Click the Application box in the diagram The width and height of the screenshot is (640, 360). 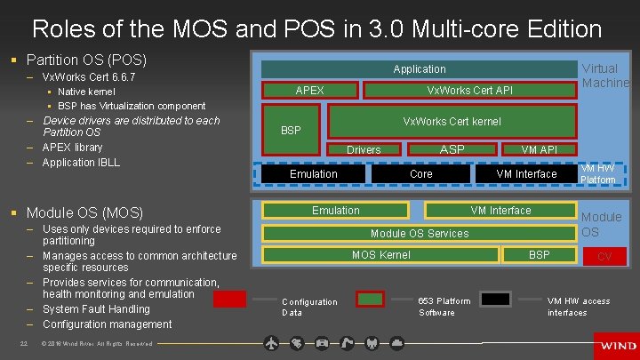[x=419, y=68]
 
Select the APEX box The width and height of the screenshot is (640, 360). [x=309, y=90]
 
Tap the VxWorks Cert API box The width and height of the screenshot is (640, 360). [x=469, y=90]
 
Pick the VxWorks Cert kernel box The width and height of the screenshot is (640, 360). [x=452, y=121]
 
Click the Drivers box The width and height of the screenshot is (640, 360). [x=363, y=149]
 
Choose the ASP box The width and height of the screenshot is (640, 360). [x=452, y=149]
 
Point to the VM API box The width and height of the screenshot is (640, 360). [x=539, y=149]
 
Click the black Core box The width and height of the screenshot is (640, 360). [x=420, y=173]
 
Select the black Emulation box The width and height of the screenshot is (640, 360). [x=313, y=173]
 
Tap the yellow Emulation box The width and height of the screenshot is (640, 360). [x=335, y=211]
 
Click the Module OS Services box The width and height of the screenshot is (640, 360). [x=419, y=233]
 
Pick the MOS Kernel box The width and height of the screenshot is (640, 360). [x=380, y=255]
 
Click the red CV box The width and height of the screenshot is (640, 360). [x=604, y=257]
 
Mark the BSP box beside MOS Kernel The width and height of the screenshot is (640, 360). [x=539, y=255]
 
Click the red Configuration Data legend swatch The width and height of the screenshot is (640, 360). [x=229, y=299]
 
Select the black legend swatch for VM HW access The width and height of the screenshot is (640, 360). [x=496, y=299]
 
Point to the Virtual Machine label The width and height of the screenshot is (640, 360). [x=604, y=76]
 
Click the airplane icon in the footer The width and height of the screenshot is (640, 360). [x=272, y=343]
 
